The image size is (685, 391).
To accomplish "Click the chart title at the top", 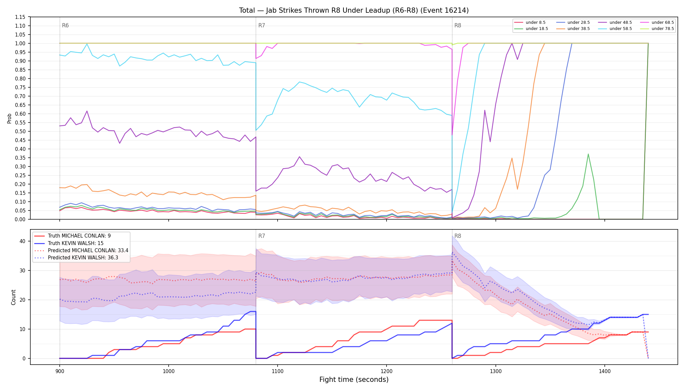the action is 354,10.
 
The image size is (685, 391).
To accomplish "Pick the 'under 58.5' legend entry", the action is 615,29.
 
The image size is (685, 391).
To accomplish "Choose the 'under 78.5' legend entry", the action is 657,29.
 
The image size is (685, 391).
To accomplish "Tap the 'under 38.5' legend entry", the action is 573,29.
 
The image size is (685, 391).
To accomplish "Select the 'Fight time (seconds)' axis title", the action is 354,380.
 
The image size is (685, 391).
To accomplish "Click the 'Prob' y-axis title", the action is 9,118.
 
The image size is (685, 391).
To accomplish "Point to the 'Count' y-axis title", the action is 13,297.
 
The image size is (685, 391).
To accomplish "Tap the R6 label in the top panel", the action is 65,25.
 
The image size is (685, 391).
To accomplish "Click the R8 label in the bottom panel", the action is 458,236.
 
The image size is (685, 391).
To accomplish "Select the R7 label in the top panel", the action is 262,25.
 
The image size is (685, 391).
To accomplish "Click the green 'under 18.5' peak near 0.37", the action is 588,154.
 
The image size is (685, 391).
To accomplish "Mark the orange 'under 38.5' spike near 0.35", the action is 512,158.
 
